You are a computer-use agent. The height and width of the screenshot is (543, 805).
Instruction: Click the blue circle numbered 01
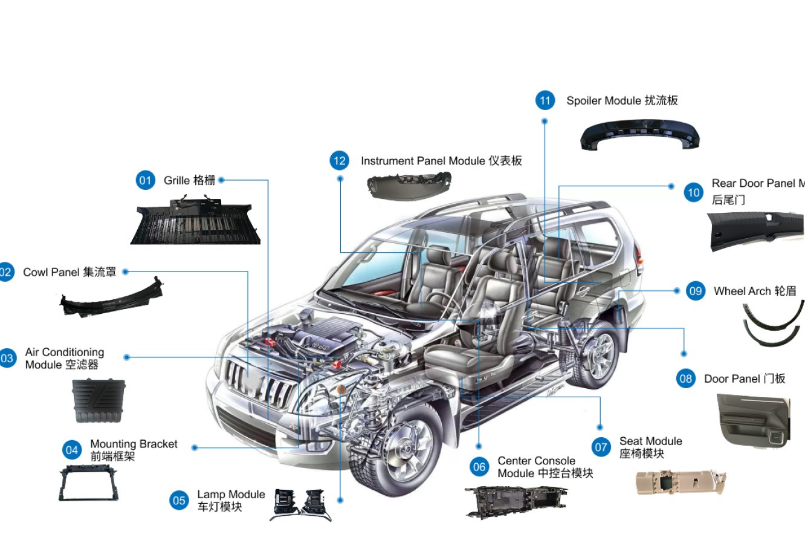(x=145, y=180)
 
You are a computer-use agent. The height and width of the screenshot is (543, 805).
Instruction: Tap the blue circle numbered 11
(x=545, y=100)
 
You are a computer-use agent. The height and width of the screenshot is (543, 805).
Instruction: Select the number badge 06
(x=479, y=467)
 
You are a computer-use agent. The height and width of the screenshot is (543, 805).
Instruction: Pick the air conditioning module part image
(x=98, y=400)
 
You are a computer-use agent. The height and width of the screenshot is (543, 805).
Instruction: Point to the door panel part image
(x=753, y=420)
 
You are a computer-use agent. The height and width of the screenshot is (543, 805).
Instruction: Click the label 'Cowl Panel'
(x=51, y=273)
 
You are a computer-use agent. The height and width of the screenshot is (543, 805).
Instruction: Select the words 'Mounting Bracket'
(x=134, y=444)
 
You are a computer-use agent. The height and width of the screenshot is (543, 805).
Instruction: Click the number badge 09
(x=696, y=291)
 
